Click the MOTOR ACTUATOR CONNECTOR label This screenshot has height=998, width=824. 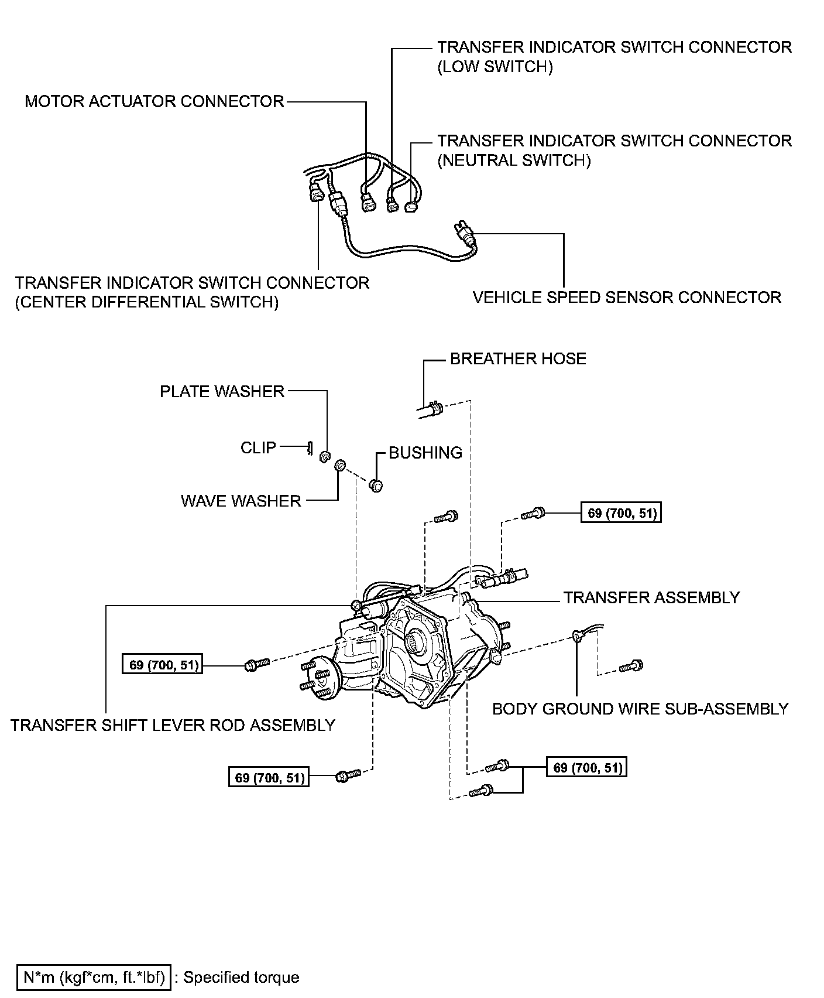[154, 101]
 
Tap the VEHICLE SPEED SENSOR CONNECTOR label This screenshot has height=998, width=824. [627, 297]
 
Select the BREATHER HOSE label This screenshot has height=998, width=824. [518, 358]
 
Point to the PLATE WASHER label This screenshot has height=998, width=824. [222, 391]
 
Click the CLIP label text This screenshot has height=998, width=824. [258, 447]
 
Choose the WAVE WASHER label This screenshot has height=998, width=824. [241, 501]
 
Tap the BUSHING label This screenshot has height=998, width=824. [425, 453]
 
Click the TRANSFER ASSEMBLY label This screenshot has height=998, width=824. [651, 597]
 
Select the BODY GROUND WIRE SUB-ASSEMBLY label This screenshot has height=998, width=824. [640, 709]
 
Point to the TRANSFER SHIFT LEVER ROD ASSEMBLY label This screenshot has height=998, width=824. [173, 725]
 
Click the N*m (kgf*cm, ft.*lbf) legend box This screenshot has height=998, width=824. [94, 978]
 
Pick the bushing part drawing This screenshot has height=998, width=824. [376, 485]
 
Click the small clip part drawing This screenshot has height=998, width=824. [310, 449]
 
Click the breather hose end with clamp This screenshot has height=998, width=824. [432, 408]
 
